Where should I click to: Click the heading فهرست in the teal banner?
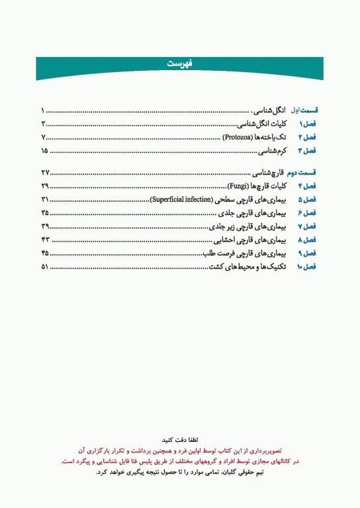(179, 64)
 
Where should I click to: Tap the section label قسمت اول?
(306, 110)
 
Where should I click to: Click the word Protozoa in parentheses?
(237, 138)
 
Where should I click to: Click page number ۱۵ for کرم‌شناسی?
(44, 151)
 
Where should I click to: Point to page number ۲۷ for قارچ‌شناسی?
(44, 173)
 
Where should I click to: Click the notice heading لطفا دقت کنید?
(180, 439)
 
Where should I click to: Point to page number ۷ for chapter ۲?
(43, 138)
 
